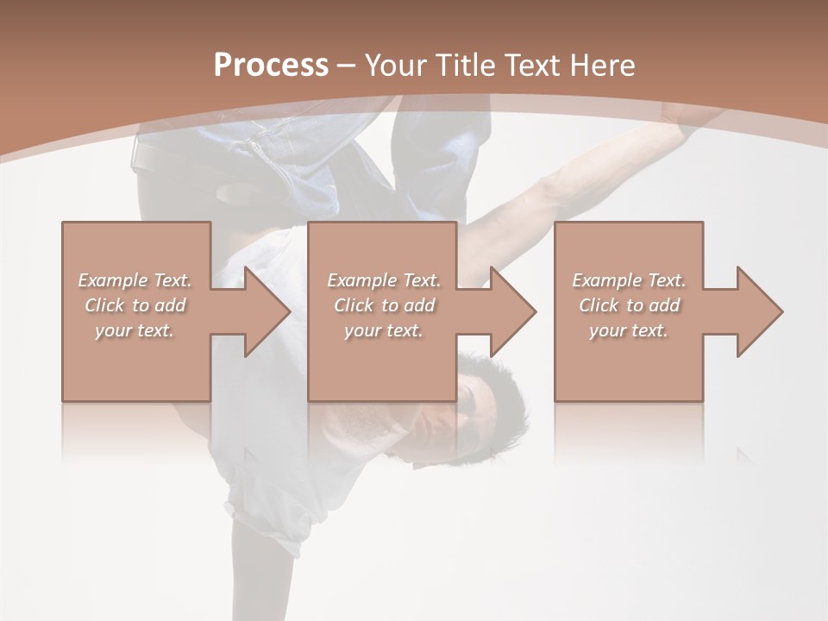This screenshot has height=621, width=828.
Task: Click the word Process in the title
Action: coord(271,66)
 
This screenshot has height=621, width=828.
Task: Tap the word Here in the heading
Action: coord(604,66)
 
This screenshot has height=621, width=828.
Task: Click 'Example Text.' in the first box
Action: coord(135,280)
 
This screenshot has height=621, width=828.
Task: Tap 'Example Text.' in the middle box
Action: coord(384,280)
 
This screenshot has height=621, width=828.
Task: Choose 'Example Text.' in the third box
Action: coord(629,280)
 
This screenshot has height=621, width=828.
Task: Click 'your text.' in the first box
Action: coord(135,330)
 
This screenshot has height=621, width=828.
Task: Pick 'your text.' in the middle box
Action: coord(384,330)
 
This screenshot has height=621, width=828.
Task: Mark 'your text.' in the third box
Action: coord(629,330)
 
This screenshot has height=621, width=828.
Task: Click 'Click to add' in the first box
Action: coord(135,305)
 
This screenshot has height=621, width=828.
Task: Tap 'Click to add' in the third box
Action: coord(629,305)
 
